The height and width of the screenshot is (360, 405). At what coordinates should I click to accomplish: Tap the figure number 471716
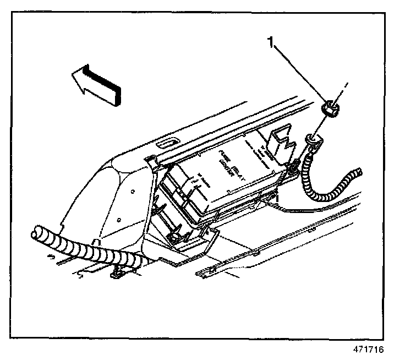point(368,350)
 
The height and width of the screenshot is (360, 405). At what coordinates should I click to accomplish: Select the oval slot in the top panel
point(165,144)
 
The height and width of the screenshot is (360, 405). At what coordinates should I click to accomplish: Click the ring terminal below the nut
point(312,137)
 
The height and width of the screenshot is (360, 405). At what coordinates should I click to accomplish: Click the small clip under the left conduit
point(118,271)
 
